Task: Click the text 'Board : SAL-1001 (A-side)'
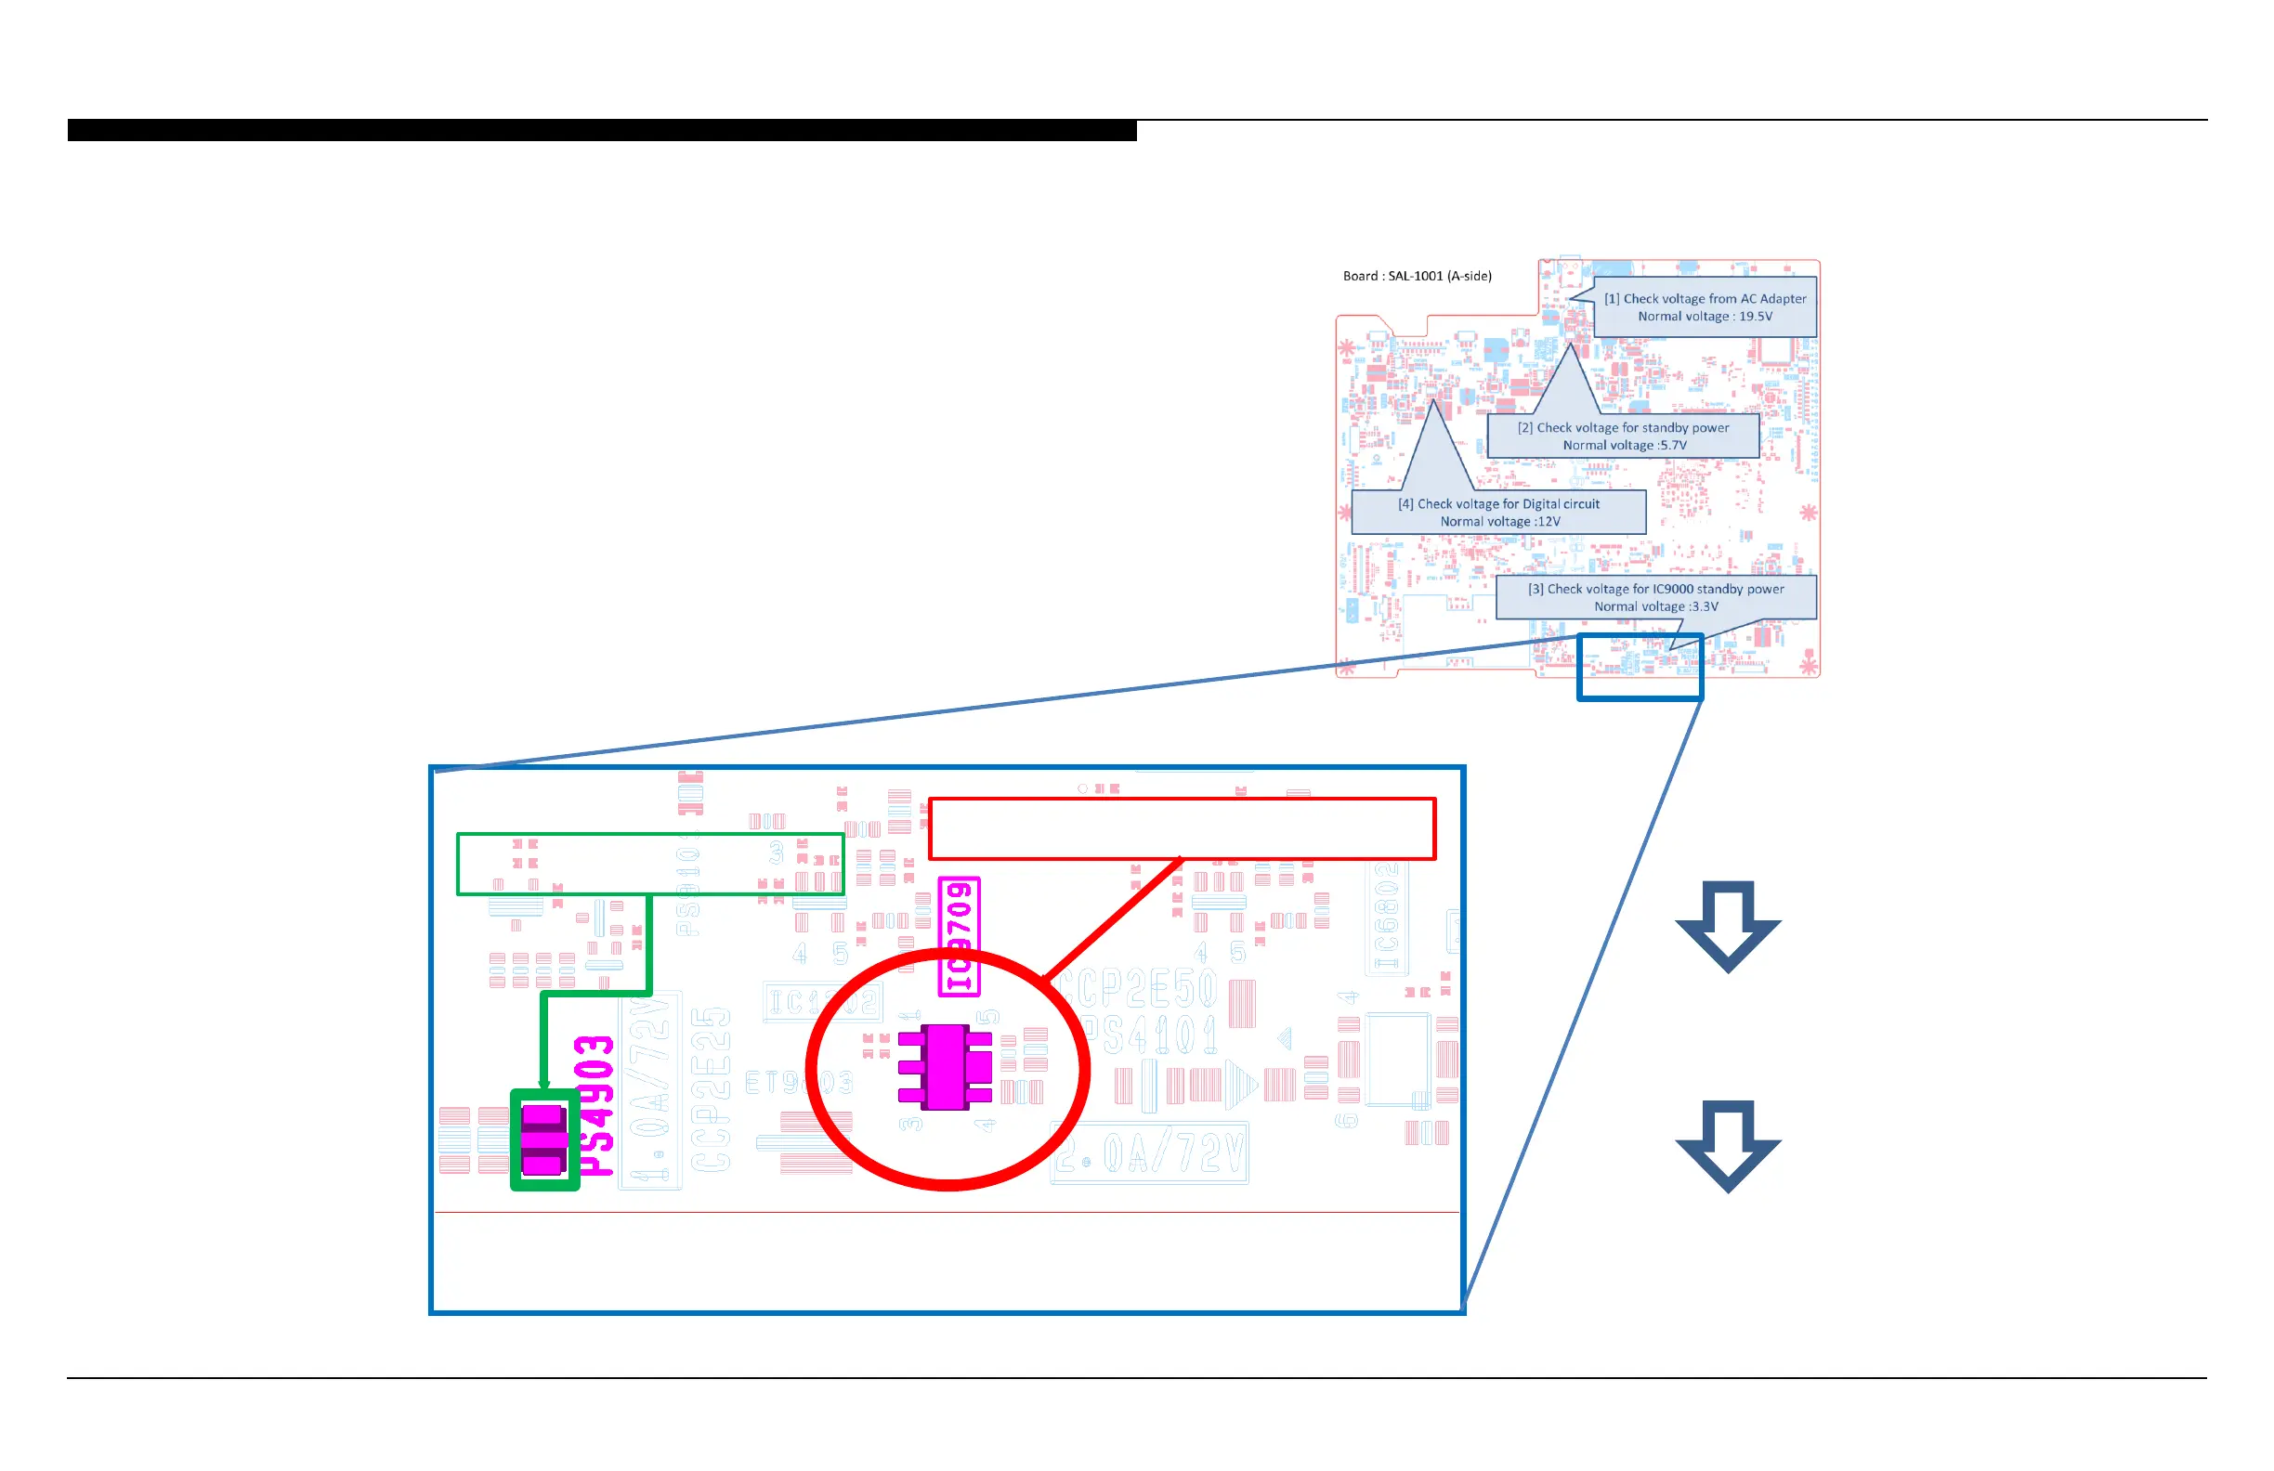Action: click(1417, 276)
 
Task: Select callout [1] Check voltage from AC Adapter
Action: click(1705, 307)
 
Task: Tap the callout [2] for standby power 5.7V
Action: click(1624, 436)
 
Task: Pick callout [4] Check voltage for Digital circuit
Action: click(1498, 513)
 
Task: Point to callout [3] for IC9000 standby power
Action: click(1656, 598)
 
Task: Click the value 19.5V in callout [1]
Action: click(1755, 317)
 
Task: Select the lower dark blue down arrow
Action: click(1728, 1144)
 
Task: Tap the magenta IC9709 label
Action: click(959, 936)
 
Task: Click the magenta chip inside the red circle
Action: click(946, 1067)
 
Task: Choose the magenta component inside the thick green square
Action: click(543, 1139)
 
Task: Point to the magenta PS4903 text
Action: click(595, 1106)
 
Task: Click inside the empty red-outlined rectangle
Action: click(1181, 829)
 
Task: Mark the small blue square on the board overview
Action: click(1640, 667)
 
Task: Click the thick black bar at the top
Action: click(602, 130)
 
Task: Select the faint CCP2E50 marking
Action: click(1137, 989)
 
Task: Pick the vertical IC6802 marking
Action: click(1386, 917)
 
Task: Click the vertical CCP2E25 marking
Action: click(711, 1089)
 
